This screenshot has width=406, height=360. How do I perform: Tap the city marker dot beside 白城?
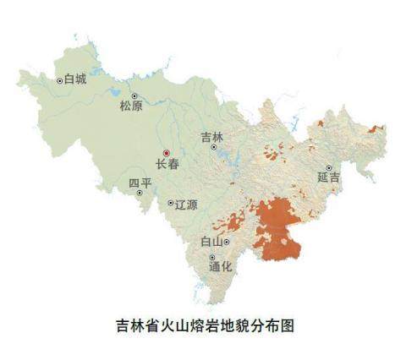point(59,81)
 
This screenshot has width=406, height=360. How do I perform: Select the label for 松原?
point(131,106)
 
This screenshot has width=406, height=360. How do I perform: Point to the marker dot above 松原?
point(133,95)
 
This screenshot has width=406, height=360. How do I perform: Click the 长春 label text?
point(167,165)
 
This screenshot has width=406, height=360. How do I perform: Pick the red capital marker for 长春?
point(166,153)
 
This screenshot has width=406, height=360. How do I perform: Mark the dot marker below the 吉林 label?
point(214,147)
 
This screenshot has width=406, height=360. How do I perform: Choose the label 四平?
point(139,183)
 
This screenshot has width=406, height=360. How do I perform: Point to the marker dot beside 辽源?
point(170,204)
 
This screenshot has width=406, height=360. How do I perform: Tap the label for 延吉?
point(329,178)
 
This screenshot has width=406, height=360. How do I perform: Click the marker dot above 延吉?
point(329,168)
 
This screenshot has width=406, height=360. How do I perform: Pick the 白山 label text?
point(211,243)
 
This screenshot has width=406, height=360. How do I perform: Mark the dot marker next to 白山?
point(227,243)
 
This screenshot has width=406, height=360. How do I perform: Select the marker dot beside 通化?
point(212,256)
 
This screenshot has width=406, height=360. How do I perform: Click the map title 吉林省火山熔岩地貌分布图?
point(203,324)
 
